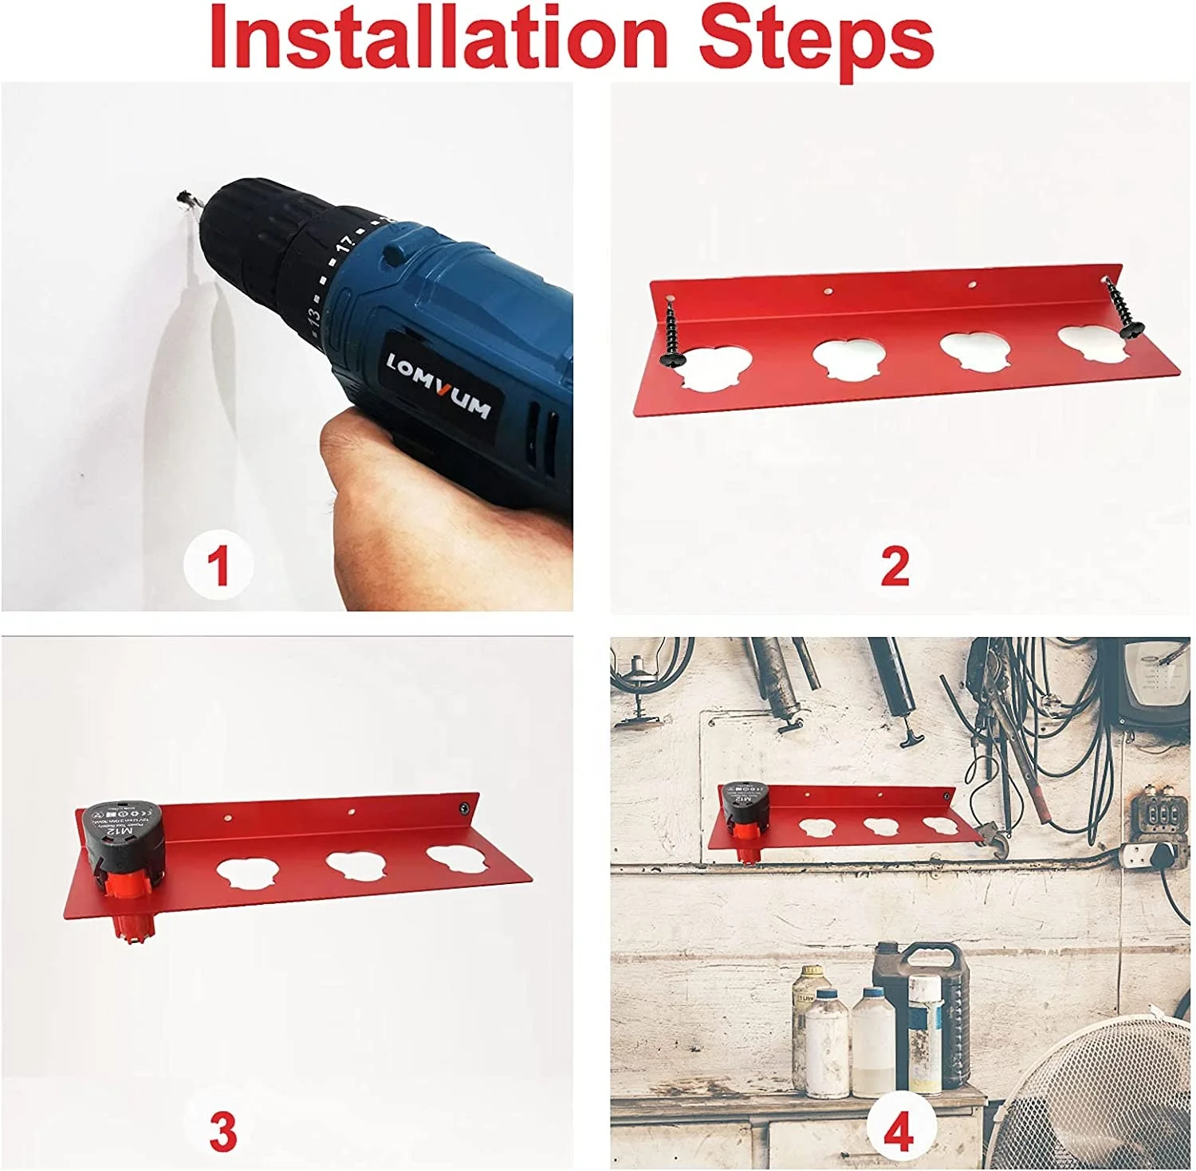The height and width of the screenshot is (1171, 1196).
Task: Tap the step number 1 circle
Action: pos(218,565)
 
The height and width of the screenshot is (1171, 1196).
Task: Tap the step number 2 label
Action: pos(895,566)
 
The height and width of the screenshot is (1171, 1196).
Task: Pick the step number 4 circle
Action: pos(899,1130)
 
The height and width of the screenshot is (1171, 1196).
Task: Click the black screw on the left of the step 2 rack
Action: pos(671,335)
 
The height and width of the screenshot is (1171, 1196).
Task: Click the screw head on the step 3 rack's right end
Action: pos(462,808)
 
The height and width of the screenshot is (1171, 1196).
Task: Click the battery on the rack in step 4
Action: pos(745,813)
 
